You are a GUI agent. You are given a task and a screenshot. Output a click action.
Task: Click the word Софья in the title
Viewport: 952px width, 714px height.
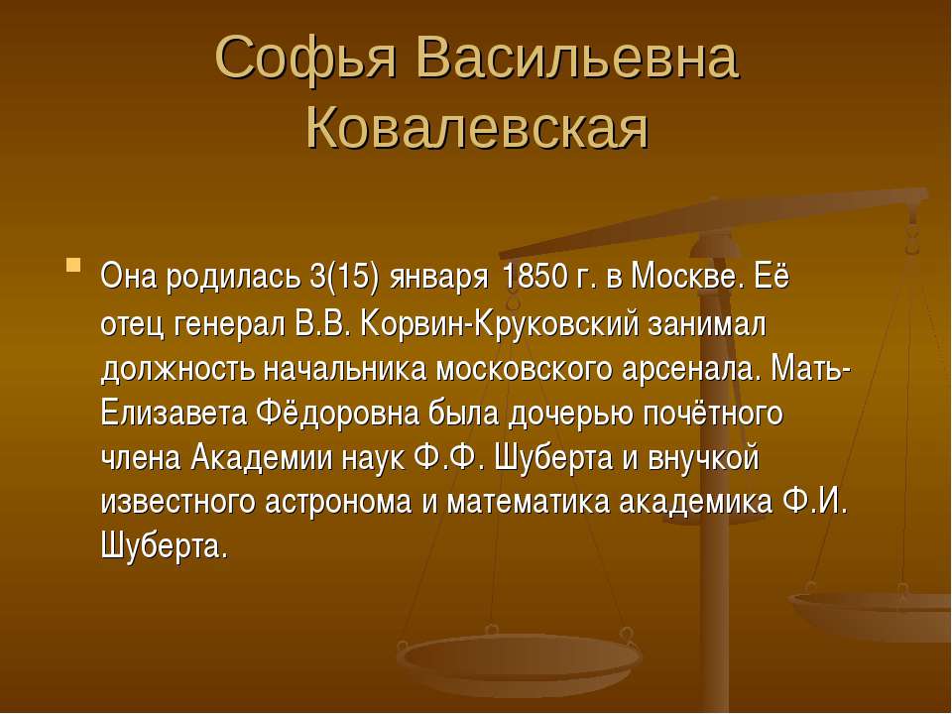pyautogui.click(x=305, y=58)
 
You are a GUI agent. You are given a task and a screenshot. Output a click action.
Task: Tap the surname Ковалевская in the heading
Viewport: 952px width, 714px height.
pyautogui.click(x=478, y=128)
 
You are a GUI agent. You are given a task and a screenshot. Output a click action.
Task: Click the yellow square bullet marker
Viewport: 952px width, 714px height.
pyautogui.click(x=73, y=265)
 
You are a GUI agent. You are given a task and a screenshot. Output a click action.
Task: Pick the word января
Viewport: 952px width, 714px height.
pyautogui.click(x=439, y=281)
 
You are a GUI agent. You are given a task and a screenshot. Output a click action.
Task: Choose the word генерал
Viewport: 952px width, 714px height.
pyautogui.click(x=229, y=325)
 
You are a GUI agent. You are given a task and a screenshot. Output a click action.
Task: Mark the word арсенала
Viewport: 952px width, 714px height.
pyautogui.click(x=691, y=369)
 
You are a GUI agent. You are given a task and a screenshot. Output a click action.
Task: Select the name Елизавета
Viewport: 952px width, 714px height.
pyautogui.click(x=174, y=414)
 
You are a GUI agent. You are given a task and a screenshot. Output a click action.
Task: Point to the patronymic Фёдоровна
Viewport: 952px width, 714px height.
pyautogui.click(x=337, y=414)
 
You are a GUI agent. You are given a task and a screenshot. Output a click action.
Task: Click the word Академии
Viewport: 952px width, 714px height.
pyautogui.click(x=262, y=458)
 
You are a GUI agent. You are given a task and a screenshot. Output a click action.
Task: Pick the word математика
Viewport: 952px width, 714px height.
pyautogui.click(x=529, y=504)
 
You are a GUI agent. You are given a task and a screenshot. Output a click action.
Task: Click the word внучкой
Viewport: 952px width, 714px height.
pyautogui.click(x=703, y=458)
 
